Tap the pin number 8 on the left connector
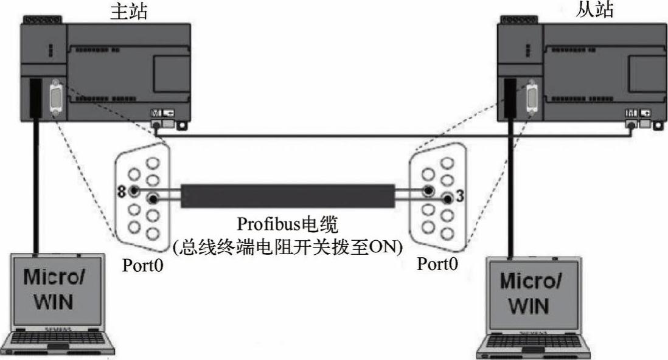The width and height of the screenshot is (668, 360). pos(122,192)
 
